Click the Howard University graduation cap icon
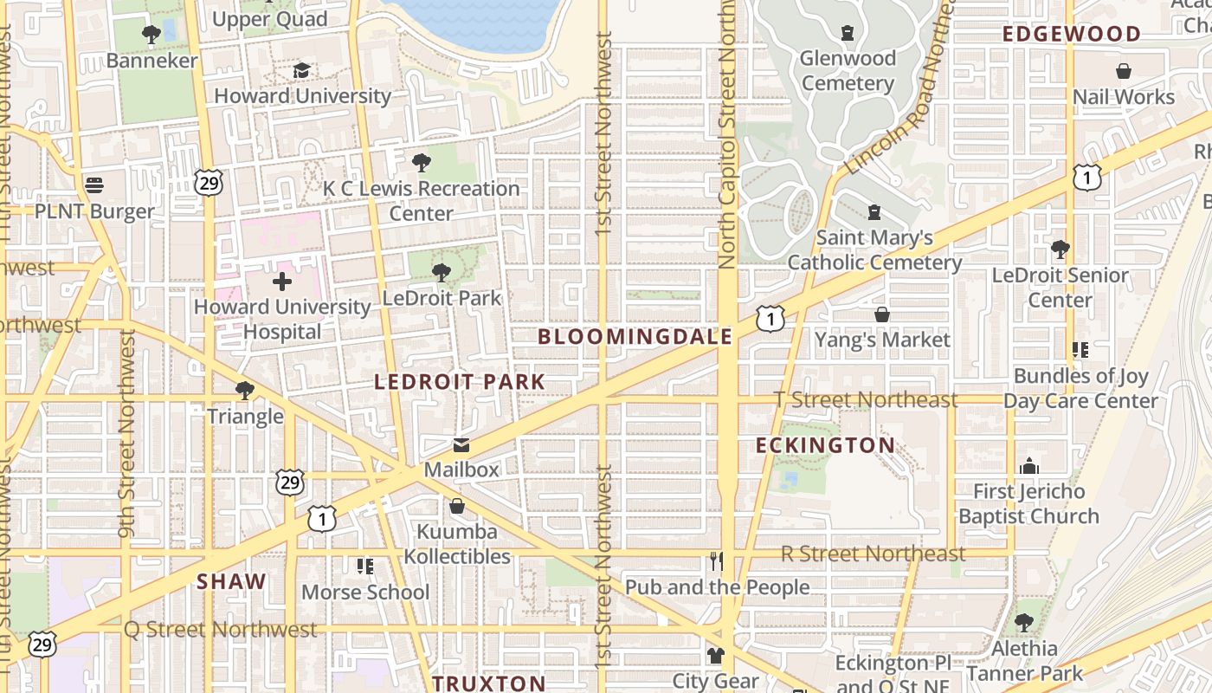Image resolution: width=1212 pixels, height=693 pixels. click(301, 70)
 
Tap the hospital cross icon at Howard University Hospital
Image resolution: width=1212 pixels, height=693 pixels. click(281, 282)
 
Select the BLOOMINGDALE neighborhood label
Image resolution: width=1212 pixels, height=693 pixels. click(635, 337)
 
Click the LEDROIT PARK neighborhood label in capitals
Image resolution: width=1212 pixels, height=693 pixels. click(460, 381)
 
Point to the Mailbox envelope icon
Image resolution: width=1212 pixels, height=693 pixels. click(461, 445)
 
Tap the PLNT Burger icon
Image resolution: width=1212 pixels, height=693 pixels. click(94, 185)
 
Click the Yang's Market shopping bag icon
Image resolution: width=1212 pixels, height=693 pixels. click(882, 314)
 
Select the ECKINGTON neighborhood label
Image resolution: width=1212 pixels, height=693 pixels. click(825, 445)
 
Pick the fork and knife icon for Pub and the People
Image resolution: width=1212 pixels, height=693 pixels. click(717, 561)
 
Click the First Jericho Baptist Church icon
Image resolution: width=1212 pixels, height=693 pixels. click(1028, 466)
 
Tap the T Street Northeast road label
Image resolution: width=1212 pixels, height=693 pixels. click(866, 399)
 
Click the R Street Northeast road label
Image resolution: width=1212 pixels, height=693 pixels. click(873, 553)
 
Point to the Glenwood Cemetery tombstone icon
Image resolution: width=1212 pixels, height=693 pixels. click(848, 33)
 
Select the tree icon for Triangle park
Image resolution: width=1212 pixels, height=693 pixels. click(245, 391)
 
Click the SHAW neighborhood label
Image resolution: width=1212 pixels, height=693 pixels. click(231, 581)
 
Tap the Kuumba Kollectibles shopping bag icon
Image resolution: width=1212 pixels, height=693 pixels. click(456, 506)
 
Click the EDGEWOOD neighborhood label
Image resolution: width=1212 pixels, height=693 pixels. click(1072, 35)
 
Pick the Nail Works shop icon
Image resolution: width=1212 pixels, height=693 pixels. click(1124, 71)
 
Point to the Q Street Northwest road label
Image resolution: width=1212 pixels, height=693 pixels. click(221, 629)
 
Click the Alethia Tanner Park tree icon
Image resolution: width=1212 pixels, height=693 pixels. click(1024, 622)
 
